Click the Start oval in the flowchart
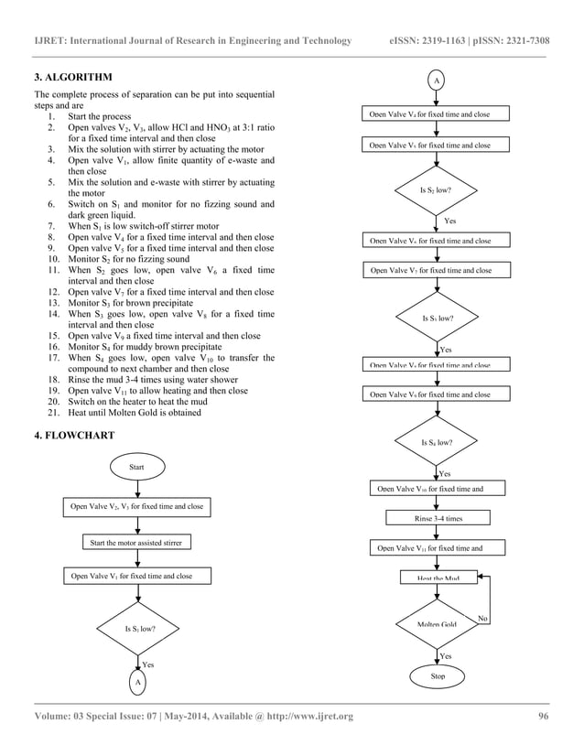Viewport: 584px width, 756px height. (x=138, y=468)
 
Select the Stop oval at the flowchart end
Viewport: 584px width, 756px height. (x=438, y=676)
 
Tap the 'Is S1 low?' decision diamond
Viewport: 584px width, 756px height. (x=139, y=630)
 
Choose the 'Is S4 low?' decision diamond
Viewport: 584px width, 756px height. (x=437, y=442)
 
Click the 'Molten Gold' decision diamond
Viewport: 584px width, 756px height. (x=437, y=624)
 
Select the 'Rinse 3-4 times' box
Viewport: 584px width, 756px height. (x=438, y=518)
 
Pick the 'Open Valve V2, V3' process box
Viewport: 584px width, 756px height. (x=137, y=506)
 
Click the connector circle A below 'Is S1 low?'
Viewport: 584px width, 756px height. (x=138, y=684)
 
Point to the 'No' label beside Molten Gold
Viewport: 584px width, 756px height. (x=483, y=619)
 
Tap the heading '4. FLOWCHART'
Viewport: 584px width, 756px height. (x=74, y=435)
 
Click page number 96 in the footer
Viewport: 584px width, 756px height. (x=543, y=716)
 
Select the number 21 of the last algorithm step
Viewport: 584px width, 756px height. (x=51, y=412)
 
